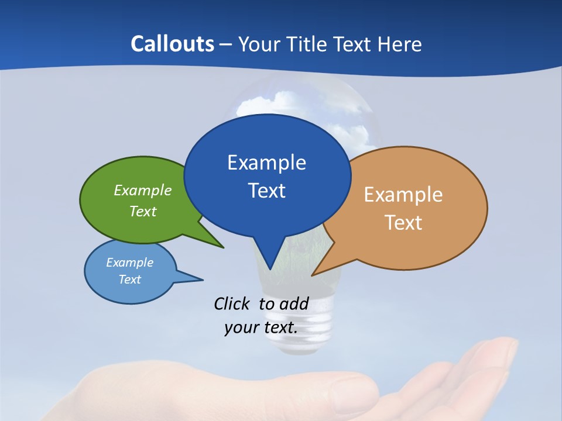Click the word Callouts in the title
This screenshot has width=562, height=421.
point(172,44)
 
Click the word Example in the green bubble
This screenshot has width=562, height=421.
point(143,190)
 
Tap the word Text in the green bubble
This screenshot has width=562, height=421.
point(143,211)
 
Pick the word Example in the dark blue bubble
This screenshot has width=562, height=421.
point(266,163)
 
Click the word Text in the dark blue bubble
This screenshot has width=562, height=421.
point(266,191)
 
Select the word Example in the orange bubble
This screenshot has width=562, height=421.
point(403,195)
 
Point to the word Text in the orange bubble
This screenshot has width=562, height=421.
point(403,223)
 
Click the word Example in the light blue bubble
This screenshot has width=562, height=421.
point(130,263)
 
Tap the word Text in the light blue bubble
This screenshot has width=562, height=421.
point(130,279)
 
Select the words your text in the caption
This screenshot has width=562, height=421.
point(261,327)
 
